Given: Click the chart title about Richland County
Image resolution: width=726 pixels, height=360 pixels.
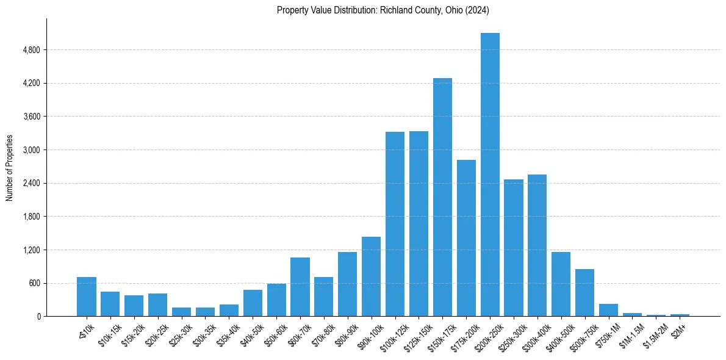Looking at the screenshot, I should coord(383,10).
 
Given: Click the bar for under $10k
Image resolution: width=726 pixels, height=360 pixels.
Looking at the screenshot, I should coord(87,297).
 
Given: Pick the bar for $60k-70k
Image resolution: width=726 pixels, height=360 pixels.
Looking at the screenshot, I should coord(300,287).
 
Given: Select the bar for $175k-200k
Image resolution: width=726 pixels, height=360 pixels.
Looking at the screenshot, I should coord(466,238).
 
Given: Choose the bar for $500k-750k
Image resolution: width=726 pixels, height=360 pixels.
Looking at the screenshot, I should coord(584,293).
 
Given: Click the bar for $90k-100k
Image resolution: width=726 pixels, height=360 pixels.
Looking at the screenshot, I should coord(371,276).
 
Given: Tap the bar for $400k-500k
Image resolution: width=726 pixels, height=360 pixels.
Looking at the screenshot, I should coord(561,284).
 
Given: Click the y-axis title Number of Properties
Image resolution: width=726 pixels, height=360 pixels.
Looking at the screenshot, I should coord(9,168).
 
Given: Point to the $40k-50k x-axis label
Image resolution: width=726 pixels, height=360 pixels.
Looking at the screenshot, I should coord(250,336).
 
